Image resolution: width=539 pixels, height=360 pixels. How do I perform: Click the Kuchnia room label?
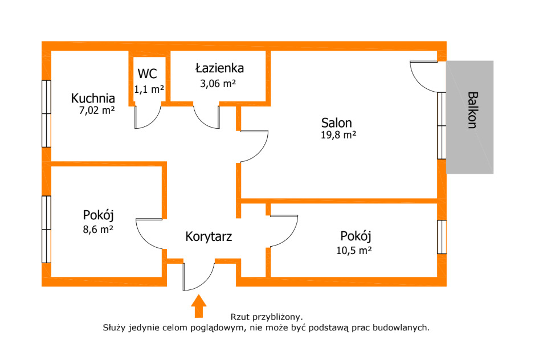(93, 98)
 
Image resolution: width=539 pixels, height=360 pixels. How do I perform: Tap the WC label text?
(148, 73)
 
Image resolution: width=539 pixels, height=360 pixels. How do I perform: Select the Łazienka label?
(220, 68)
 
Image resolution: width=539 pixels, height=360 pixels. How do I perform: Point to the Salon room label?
(337, 122)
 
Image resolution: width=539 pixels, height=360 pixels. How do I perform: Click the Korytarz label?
(209, 236)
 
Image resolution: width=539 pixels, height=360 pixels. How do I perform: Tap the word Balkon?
(473, 110)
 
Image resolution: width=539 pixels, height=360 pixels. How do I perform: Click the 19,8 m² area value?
(338, 135)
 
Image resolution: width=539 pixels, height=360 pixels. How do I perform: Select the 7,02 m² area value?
(97, 111)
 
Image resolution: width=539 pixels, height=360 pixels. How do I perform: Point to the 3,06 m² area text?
(218, 84)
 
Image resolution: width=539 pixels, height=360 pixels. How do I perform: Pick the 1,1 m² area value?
(149, 89)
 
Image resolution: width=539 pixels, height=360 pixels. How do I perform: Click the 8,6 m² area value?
(98, 229)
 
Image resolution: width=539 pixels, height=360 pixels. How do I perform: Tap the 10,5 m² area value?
(354, 251)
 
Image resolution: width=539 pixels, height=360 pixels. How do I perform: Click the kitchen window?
(46, 114)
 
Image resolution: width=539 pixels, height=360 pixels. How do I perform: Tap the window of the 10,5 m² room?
(442, 237)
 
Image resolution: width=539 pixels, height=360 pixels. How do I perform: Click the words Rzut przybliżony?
(267, 317)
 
